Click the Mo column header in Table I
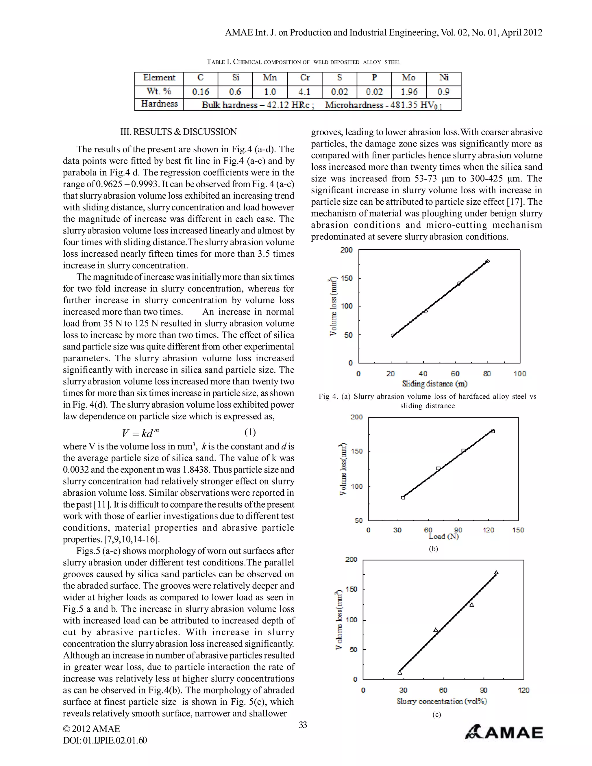tap(408, 77)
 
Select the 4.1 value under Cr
tap(304, 92)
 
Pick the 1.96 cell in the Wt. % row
tap(409, 92)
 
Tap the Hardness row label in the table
tap(159, 104)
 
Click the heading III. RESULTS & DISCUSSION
tap(179, 132)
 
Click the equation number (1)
tap(250, 432)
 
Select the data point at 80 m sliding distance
tap(487, 261)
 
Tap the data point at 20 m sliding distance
tap(393, 336)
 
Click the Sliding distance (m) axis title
tap(434, 384)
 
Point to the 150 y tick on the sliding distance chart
tap(347, 278)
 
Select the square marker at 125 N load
tap(493, 431)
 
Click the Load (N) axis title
tap(443, 536)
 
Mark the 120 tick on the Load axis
tap(488, 530)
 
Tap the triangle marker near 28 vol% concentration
tap(400, 672)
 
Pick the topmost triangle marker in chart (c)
tap(496, 573)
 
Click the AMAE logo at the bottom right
tap(504, 732)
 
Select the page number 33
tap(303, 725)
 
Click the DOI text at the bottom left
tap(105, 740)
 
